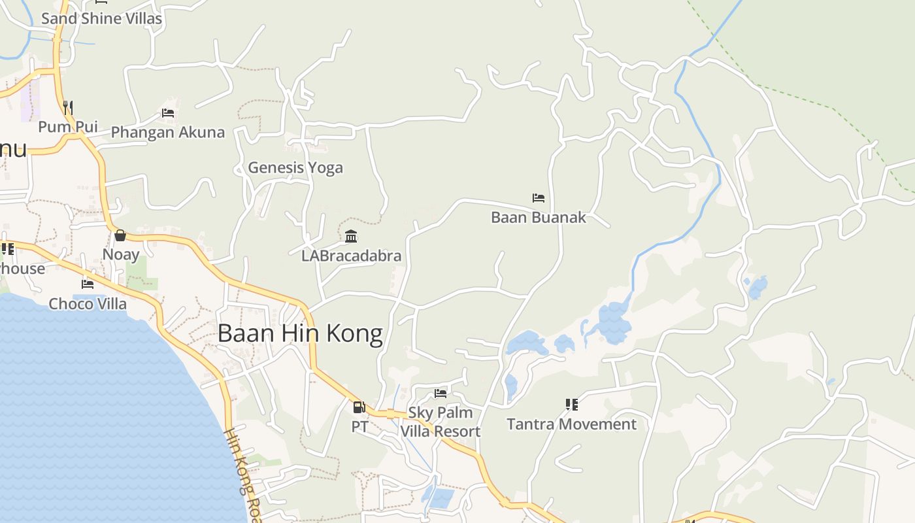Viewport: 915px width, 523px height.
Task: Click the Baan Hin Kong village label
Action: coord(300,333)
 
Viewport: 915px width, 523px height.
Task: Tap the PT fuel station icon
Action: coord(359,407)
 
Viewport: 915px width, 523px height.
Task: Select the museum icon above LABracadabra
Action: coord(351,236)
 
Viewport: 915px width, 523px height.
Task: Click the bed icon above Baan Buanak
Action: coord(539,198)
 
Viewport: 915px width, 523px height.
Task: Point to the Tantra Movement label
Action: coord(571,424)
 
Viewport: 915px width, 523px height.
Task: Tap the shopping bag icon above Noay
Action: coord(120,235)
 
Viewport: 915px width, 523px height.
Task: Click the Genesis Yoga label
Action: coord(295,168)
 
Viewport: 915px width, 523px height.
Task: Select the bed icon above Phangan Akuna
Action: coord(168,112)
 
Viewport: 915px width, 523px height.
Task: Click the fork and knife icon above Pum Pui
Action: coord(68,107)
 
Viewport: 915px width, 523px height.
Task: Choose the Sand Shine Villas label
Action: coord(101,19)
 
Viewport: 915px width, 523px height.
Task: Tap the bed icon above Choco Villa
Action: coord(88,284)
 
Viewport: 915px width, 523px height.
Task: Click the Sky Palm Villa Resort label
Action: coord(441,422)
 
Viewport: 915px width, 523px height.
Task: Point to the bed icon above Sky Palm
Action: coord(441,394)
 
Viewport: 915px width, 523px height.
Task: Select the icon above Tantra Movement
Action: coord(572,405)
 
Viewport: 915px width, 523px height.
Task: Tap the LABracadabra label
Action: coord(351,256)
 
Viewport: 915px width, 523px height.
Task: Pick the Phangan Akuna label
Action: coord(168,132)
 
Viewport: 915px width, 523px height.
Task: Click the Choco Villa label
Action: coord(88,304)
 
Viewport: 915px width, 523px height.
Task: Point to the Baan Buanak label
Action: coord(539,218)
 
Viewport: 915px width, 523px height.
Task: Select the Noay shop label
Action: coord(121,254)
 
